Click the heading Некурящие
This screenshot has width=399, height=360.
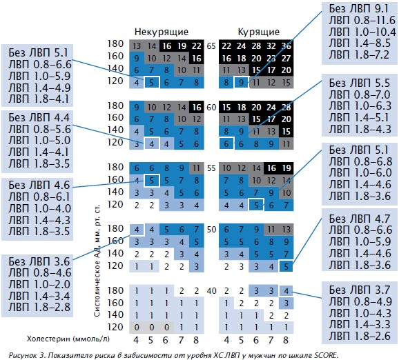tap(162, 32)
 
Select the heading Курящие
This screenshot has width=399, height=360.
tap(259, 32)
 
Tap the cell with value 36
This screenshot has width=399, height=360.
tap(286, 46)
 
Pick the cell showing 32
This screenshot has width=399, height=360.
tap(271, 46)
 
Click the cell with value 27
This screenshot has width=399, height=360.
tap(286, 59)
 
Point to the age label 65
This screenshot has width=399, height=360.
tap(211, 46)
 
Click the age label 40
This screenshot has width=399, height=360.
tap(211, 290)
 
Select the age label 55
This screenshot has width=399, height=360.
tap(211, 168)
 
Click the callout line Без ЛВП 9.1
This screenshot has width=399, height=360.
tap(359, 8)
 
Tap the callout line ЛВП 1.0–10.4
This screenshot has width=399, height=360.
tap(362, 32)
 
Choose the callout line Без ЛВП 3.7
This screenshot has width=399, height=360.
tap(359, 290)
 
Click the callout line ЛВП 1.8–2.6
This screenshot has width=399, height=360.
tap(360, 336)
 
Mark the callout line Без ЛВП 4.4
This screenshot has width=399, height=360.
tap(39, 118)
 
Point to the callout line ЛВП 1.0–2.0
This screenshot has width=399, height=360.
tap(39, 285)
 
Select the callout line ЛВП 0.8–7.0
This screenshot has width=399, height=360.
tap(360, 94)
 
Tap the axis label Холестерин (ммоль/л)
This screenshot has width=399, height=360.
tap(68, 339)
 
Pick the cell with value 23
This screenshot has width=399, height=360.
tap(271, 59)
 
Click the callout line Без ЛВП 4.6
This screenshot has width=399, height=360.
tap(39, 186)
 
